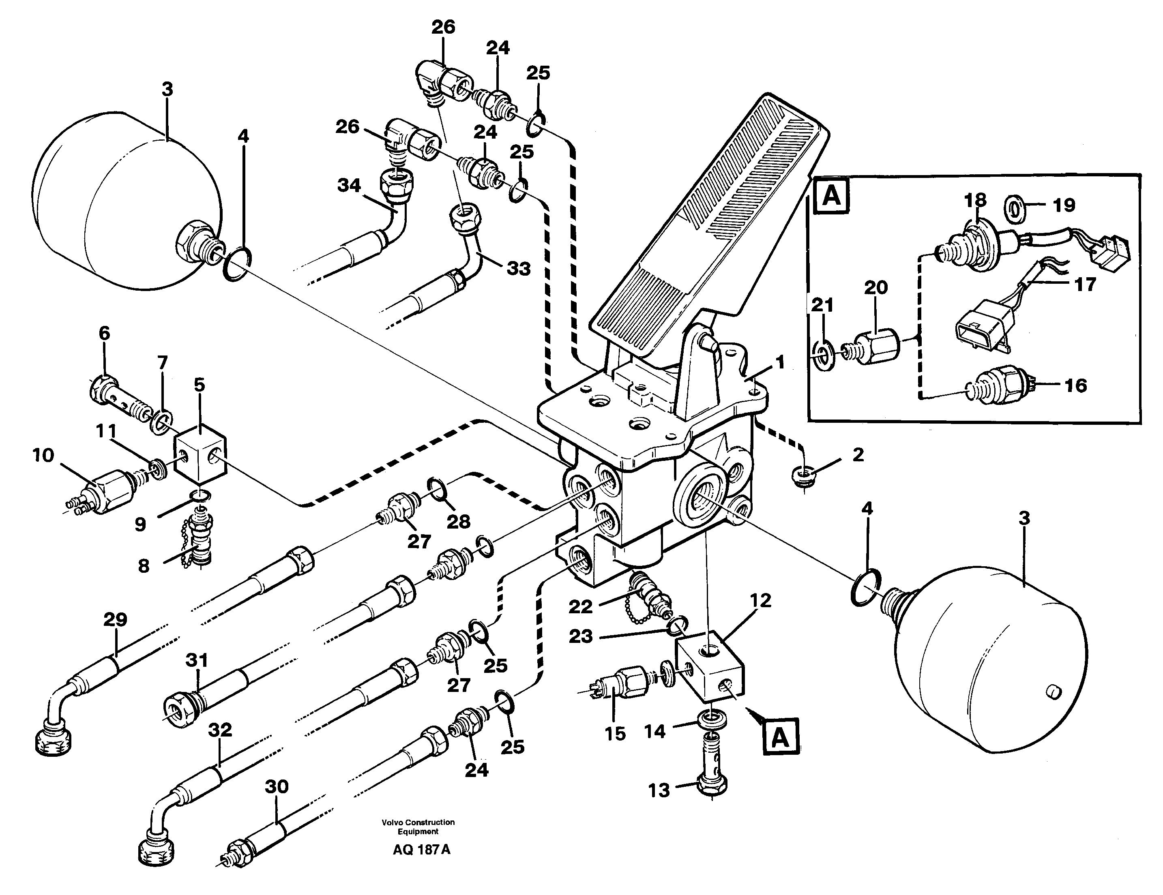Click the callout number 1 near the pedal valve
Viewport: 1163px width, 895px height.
(x=780, y=364)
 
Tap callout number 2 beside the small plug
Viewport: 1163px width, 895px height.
(x=858, y=455)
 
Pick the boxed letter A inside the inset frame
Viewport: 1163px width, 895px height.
(x=832, y=197)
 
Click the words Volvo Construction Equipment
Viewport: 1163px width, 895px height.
(x=418, y=827)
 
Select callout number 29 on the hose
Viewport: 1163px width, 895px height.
(x=116, y=620)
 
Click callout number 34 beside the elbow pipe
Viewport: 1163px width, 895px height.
(x=349, y=186)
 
